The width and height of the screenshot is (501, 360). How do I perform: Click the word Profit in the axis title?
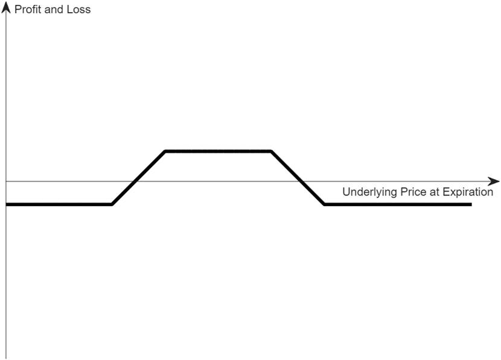28,9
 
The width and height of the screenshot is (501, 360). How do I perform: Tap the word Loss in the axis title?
78,9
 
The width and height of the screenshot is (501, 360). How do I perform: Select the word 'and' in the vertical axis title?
54,9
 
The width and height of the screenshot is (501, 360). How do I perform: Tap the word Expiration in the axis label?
468,192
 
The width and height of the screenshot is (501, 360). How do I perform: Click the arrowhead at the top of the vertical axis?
6,7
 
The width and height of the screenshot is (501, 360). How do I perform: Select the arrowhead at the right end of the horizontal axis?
494,182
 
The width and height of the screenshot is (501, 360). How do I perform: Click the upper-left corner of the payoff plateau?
165,151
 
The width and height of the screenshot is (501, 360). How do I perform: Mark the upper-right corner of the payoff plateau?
270,151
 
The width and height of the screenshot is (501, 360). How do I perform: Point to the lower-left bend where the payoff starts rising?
112,204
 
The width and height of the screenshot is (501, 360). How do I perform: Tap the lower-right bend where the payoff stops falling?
324,204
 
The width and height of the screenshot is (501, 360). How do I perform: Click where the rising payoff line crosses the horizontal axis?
135,182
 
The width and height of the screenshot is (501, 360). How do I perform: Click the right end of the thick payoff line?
471,204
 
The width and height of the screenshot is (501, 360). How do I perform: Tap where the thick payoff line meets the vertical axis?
6,204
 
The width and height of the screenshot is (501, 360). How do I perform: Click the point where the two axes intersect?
6,182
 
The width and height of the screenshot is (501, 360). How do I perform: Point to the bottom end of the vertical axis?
6,359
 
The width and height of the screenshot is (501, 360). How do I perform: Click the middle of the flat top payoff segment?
219,151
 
